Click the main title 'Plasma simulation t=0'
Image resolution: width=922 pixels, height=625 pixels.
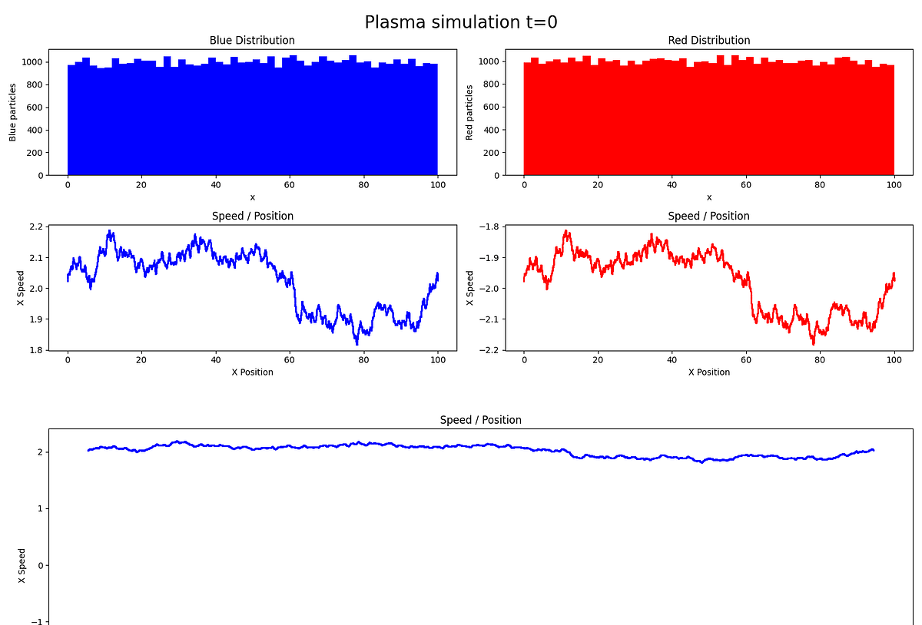460,22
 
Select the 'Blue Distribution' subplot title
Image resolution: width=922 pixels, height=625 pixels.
252,40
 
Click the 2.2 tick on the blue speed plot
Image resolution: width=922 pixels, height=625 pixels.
34,227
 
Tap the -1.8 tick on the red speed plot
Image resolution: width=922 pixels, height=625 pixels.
488,227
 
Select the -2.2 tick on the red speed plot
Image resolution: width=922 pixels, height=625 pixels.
488,350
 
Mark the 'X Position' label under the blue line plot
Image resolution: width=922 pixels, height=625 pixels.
252,372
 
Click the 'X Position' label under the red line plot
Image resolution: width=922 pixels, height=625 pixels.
708,372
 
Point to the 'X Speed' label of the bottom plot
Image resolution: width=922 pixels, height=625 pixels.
22,565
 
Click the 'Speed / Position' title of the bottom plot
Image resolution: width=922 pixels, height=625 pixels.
480,420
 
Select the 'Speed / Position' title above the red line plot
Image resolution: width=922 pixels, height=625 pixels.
708,216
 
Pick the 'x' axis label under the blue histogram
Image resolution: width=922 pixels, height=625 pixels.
252,197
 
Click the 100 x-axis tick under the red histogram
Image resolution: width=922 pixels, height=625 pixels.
894,185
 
